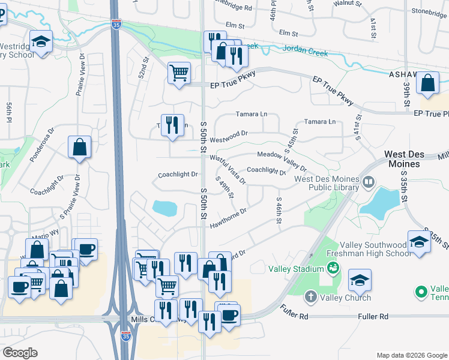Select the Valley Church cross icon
click(x=311, y=296)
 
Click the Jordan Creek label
click(x=305, y=53)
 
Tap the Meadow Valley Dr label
click(x=282, y=160)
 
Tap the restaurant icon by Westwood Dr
click(x=172, y=125)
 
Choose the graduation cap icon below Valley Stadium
click(x=360, y=280)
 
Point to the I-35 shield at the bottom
click(x=125, y=337)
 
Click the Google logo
click(x=20, y=352)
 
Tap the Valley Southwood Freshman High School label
click(x=373, y=249)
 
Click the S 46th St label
click(x=279, y=211)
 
